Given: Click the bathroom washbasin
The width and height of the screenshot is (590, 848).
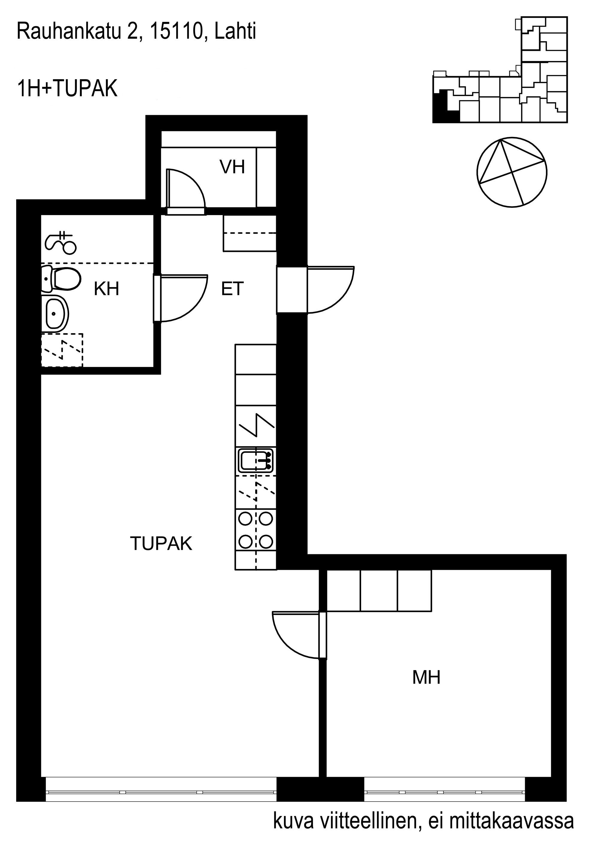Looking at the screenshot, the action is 55,313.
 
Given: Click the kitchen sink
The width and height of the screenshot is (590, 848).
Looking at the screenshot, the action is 256,461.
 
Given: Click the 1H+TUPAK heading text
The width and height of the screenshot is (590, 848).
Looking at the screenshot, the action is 67,89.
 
